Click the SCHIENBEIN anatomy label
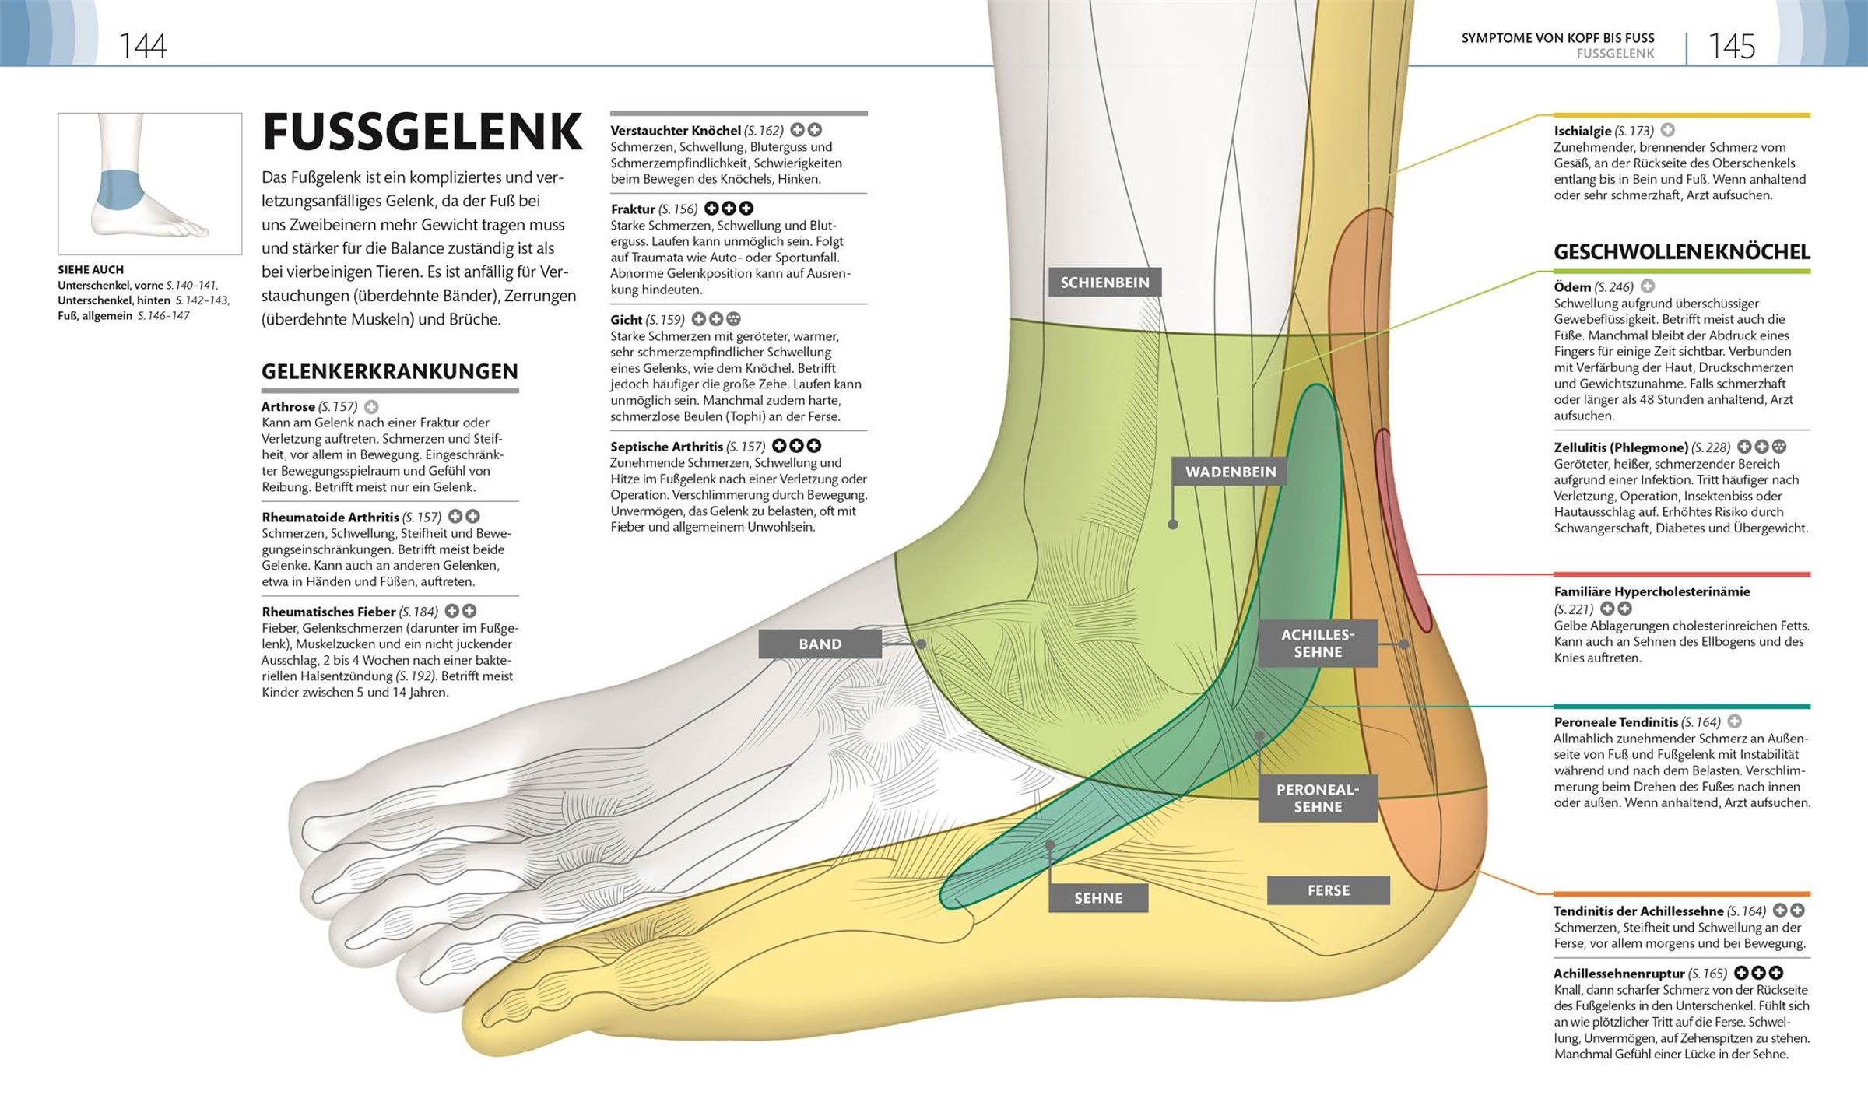pos(1104,283)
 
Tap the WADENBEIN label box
pos(1231,472)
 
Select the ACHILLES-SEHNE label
pos(1318,644)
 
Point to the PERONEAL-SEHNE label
pos(1318,798)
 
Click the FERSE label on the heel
pos(1329,890)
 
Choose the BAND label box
pos(820,644)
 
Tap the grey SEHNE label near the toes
pos(1098,898)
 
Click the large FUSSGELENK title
pos(423,133)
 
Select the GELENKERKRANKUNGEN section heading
pos(390,371)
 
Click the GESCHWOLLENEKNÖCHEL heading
pos(1682,252)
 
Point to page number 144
pos(142,47)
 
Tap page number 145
pos(1732,47)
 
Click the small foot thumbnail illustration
pos(150,184)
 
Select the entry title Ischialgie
pos(1582,131)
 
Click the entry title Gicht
pos(627,319)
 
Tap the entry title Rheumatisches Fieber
pos(328,612)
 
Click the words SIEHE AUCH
pos(90,270)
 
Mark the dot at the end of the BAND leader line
pos(921,644)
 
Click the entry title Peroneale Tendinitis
pos(1616,722)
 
